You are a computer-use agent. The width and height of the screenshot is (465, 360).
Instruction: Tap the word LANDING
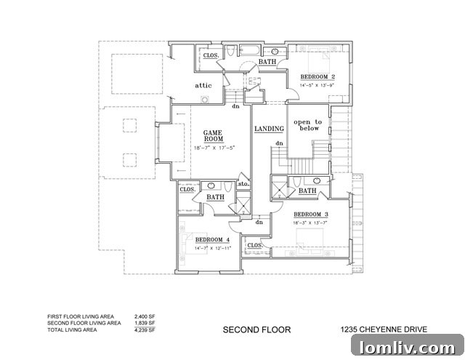tap(269, 129)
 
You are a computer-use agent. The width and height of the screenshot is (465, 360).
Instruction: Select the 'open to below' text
tap(307, 125)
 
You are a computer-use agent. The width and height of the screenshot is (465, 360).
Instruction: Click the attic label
tap(203, 86)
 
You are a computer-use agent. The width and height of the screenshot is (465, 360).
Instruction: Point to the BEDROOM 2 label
tap(318, 77)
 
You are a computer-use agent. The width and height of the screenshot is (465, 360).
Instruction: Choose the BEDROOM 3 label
tap(311, 214)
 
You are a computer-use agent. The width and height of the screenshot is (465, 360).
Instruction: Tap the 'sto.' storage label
tap(243, 185)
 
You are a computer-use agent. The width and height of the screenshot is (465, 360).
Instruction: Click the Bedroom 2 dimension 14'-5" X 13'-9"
tap(318, 85)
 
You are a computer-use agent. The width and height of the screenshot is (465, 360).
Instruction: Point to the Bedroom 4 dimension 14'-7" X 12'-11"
tap(212, 249)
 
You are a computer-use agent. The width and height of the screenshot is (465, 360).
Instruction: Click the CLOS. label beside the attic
tap(211, 55)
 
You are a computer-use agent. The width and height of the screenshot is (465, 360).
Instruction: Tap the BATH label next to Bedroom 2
tap(267, 63)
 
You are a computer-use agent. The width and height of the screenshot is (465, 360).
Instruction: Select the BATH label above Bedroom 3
tap(307, 191)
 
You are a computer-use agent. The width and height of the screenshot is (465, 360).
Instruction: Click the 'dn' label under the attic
tap(235, 106)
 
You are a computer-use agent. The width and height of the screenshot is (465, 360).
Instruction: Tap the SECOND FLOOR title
tap(256, 329)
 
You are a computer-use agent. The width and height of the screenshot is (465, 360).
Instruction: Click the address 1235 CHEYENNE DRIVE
tap(382, 329)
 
